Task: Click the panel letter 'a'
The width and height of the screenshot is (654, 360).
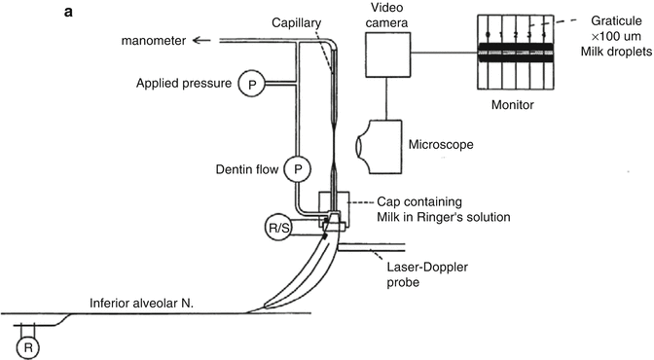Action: (68, 12)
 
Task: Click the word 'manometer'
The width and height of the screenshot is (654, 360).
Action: (154, 41)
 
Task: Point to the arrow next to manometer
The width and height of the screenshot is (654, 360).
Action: (201, 40)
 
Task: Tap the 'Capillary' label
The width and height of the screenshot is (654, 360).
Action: (296, 22)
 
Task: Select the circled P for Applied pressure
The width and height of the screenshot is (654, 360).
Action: (251, 84)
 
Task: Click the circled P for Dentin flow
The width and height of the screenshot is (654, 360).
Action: (298, 169)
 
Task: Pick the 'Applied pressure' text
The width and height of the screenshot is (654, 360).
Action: (184, 84)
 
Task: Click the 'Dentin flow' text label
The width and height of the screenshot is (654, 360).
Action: (247, 169)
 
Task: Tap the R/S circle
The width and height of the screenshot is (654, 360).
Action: (278, 228)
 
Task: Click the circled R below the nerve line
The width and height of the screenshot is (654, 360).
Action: (28, 347)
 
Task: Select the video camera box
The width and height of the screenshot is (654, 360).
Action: (388, 54)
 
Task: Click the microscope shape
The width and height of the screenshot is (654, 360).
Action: (379, 147)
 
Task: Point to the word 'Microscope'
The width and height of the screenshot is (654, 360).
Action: (441, 145)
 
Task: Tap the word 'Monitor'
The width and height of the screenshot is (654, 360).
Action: (513, 104)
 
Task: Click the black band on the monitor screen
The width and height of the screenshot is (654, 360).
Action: (516, 53)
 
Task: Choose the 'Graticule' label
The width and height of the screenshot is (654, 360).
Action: (616, 20)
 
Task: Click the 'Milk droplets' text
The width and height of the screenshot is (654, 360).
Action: (616, 52)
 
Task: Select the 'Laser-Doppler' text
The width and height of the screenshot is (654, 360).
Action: (427, 267)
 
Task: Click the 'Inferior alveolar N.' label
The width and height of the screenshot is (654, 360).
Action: (141, 304)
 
